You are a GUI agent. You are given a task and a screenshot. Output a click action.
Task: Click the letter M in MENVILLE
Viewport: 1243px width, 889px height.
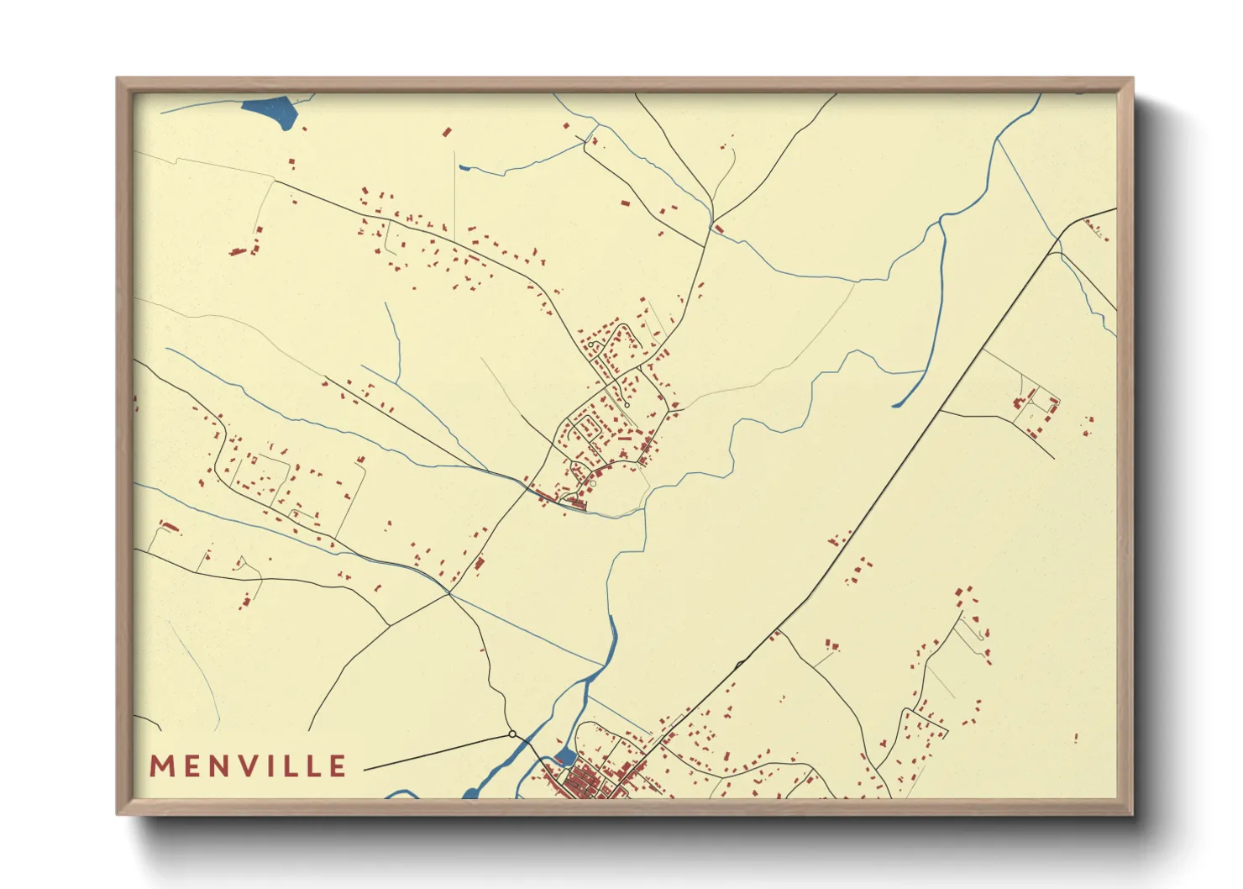[161, 766]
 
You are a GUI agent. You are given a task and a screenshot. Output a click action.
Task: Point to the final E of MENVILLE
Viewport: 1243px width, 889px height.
[338, 766]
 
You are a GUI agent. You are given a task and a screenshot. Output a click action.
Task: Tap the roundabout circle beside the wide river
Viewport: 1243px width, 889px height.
[512, 734]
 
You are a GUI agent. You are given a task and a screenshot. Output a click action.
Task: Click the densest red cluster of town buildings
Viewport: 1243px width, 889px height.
[580, 783]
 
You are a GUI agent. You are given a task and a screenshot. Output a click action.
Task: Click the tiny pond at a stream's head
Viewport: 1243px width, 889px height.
[464, 168]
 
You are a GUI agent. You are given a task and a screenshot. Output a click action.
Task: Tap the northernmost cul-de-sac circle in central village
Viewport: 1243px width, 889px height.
[591, 345]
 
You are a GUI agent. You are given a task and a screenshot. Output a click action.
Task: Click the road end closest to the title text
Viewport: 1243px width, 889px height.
[366, 769]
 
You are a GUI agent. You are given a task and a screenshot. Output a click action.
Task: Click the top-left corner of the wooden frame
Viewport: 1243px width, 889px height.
[118, 79]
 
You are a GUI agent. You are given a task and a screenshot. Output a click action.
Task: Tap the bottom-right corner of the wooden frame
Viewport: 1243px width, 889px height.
[1132, 813]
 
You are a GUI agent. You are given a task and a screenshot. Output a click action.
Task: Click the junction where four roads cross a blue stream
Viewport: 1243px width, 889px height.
[449, 592]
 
